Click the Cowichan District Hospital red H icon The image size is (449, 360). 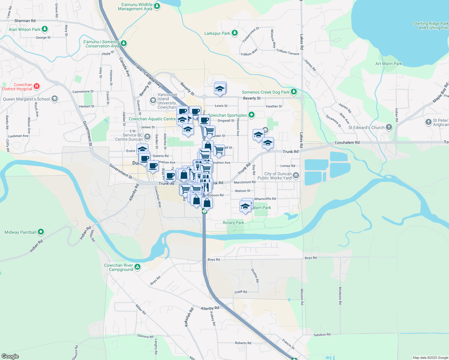(x=37, y=87)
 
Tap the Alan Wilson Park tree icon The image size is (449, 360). (x=45, y=29)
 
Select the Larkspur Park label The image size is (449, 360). (x=217, y=33)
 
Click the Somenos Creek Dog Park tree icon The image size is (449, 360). (x=294, y=91)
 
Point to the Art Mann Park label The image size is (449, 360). (x=388, y=64)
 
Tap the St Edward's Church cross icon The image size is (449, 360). (x=389, y=127)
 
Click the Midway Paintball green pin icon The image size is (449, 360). (x=41, y=232)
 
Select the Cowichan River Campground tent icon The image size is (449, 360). (x=137, y=267)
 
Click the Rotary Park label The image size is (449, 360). (x=233, y=223)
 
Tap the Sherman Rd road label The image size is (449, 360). (x=25, y=21)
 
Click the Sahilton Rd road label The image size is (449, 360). (x=322, y=334)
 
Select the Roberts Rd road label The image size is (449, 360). (x=243, y=343)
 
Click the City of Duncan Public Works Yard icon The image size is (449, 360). (x=296, y=175)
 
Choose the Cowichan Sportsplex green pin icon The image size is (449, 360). (x=252, y=115)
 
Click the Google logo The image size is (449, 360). (x=10, y=356)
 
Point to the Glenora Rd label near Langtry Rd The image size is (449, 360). (x=145, y=336)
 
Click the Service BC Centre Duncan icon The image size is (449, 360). (x=147, y=137)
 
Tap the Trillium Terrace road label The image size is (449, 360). (x=288, y=52)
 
